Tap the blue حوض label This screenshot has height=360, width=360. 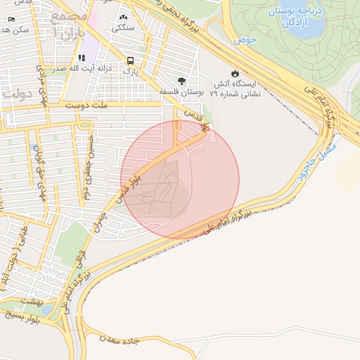[x=247, y=41]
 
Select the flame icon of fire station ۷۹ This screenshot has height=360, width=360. [x=235, y=73]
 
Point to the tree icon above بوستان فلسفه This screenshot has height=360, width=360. [x=182, y=80]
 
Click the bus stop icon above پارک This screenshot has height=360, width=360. [x=130, y=60]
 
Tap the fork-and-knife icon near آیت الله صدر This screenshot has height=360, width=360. [x=82, y=58]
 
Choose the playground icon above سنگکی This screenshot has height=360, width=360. [x=124, y=18]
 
